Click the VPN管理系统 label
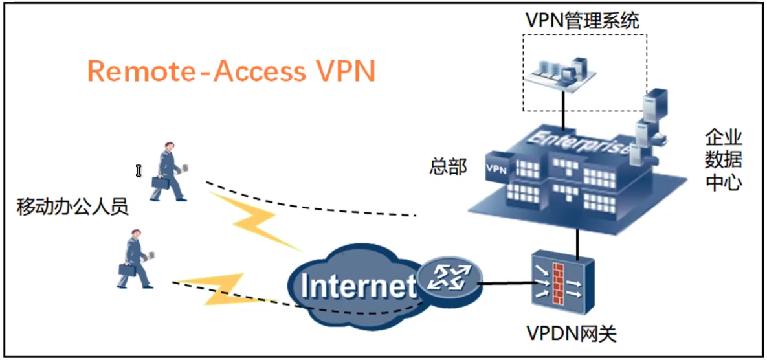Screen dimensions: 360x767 582,21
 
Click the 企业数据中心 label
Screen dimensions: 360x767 724,159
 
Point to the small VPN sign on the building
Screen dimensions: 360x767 495,168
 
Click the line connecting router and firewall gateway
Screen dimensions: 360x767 506,282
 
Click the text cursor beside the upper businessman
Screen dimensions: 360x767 138,170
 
